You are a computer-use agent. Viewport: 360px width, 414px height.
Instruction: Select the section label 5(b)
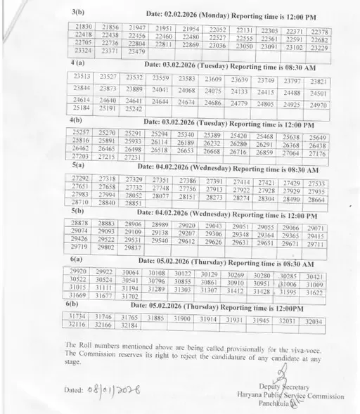(77, 210)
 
